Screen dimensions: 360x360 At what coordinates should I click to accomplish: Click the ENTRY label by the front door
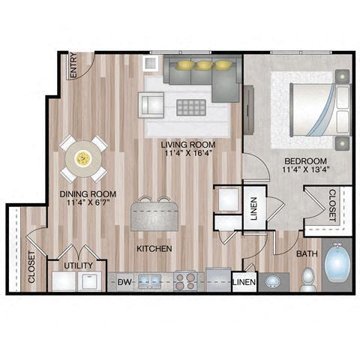pos(73,66)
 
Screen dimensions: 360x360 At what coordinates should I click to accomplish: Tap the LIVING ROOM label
pos(190,144)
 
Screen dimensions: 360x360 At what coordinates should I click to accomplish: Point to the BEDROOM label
pos(304,161)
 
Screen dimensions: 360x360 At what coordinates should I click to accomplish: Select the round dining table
pos(83,157)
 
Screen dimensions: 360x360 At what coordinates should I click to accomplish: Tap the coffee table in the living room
pos(189,106)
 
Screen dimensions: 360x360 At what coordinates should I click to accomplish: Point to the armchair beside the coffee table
pos(150,104)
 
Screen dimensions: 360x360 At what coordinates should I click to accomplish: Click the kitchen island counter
pos(154,217)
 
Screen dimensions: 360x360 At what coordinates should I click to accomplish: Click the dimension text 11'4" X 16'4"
pos(190,154)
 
